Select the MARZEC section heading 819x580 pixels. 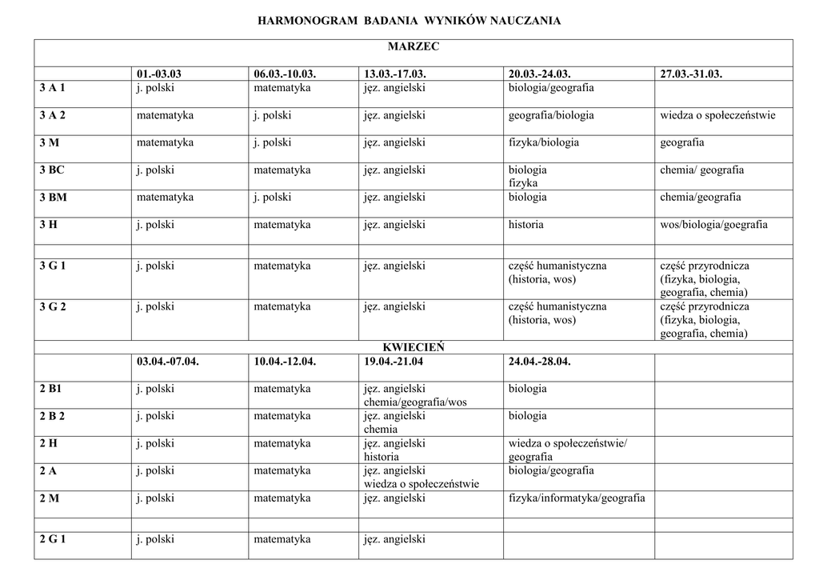coord(413,47)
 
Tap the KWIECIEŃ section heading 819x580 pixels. coord(413,347)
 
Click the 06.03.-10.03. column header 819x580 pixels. coord(285,74)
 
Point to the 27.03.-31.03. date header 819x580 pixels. coord(691,74)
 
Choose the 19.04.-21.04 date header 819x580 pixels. coord(394,362)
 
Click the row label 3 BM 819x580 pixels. coord(54,197)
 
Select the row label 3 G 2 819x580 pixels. coord(53,306)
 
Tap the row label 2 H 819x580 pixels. coord(48,443)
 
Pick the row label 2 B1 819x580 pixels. coord(50,389)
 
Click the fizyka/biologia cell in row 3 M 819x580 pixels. coord(544,142)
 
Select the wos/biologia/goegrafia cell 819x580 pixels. coord(713,225)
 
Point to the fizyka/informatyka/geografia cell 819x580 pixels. coord(577,498)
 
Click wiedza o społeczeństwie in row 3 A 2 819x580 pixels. coord(717,115)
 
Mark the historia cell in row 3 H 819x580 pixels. coord(526,225)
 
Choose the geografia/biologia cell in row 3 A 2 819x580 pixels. coord(551,115)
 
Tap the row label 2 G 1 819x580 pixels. coord(53,539)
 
